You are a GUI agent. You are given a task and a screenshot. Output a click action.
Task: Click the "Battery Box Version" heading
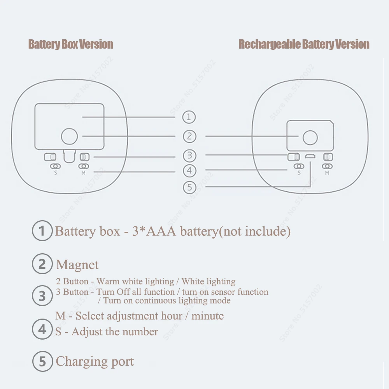coord(70,44)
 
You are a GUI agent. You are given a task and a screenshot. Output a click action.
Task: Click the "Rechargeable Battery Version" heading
coord(304,44)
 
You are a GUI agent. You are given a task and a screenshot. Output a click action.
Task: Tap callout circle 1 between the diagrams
coord(189,117)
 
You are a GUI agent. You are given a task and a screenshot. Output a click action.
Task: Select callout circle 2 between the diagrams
coord(189,137)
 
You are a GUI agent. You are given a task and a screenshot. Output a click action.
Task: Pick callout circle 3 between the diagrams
coord(189,156)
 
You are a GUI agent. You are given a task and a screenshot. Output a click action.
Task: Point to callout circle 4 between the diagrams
coord(189,170)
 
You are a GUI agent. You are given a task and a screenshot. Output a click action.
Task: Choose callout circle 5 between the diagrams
coord(189,187)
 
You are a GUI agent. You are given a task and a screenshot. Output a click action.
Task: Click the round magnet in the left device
coord(70,136)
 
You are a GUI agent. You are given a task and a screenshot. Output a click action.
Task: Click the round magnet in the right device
coord(310,138)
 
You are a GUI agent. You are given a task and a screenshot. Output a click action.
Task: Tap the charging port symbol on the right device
coord(310,157)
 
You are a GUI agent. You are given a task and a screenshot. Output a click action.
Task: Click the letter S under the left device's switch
coord(56,173)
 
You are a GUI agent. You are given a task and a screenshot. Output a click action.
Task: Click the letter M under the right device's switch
coord(327,173)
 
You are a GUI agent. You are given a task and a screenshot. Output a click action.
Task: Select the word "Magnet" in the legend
coord(77,265)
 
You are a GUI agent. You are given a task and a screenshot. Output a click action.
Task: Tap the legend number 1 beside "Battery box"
coord(42,231)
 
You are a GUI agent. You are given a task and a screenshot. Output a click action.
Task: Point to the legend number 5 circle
coord(42,361)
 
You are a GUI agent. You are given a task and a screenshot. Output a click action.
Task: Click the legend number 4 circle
coord(42,330)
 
